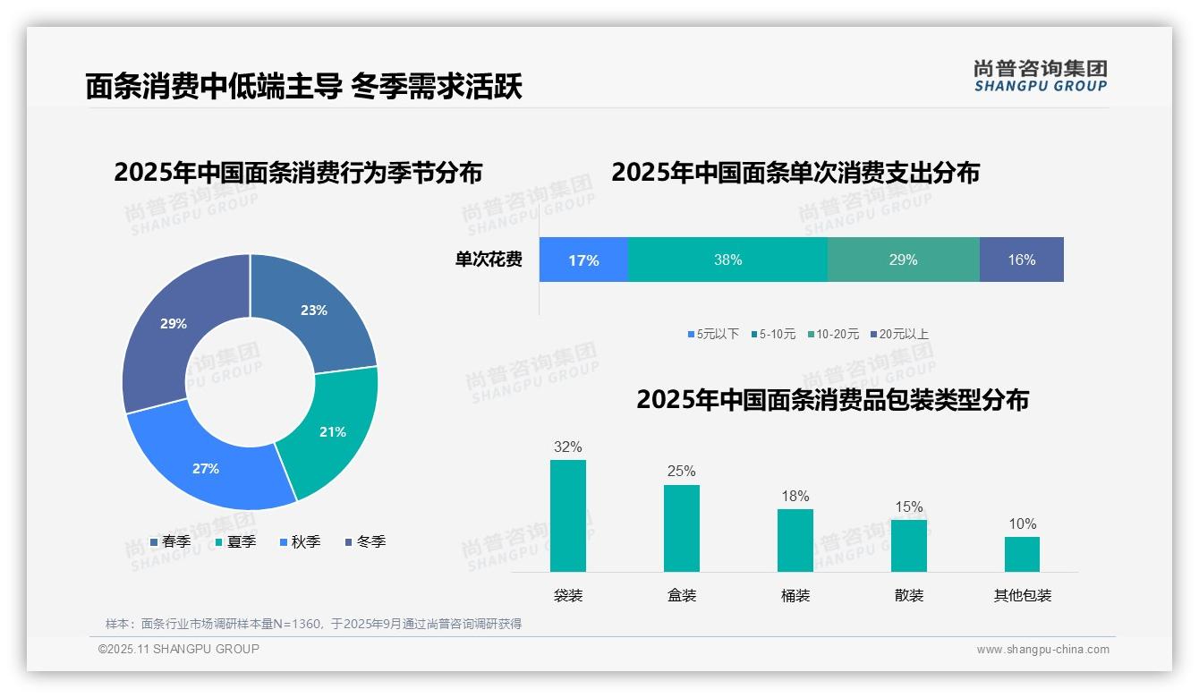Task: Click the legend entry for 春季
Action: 170,541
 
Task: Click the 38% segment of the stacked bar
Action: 727,260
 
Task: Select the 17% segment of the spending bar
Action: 583,260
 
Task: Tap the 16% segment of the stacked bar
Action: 1021,260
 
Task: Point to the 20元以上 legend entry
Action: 898,334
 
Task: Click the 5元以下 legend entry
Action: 713,334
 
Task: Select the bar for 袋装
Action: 568,515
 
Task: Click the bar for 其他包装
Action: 1022,554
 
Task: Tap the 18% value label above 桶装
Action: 795,496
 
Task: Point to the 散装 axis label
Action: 908,595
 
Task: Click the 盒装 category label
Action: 682,595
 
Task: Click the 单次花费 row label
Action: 489,260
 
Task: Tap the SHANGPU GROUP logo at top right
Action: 1040,75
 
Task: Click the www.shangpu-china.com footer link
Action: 1042,650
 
